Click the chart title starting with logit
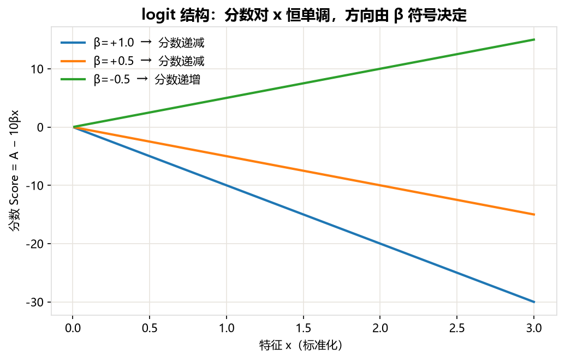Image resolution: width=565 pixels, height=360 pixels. [x=304, y=15]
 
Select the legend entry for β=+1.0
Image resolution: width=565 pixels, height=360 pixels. [x=132, y=43]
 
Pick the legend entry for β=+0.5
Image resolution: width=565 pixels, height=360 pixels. [x=132, y=61]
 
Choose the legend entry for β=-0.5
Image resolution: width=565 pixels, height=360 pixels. [x=130, y=79]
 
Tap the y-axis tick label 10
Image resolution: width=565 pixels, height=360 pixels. [x=37, y=69]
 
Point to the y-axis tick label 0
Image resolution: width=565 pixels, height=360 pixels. [x=40, y=127]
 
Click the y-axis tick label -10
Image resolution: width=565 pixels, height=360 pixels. [x=34, y=185]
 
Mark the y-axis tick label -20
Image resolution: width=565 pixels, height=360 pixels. [x=34, y=244]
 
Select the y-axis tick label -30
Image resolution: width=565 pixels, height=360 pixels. [x=34, y=302]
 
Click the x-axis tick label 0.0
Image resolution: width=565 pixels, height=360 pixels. [x=73, y=328]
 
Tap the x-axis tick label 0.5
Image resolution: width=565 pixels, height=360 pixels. [x=150, y=328]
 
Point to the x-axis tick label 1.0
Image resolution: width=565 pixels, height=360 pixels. [x=227, y=328]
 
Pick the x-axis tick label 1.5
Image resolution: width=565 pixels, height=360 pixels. [x=304, y=328]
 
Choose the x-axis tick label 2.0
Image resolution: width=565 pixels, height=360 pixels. [x=380, y=328]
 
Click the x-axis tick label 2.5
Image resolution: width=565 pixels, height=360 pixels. [x=457, y=328]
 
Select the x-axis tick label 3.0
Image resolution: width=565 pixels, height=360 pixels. [x=534, y=328]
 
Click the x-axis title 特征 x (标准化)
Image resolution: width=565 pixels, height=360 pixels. [x=301, y=345]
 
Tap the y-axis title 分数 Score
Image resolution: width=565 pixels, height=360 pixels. [x=14, y=203]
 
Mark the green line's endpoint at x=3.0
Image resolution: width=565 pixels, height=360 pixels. [x=534, y=40]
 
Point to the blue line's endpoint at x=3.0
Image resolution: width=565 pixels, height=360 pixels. [x=534, y=302]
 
